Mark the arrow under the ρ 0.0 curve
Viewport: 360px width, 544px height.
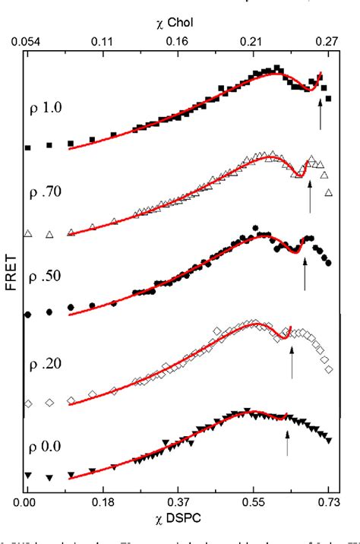[287, 443]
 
